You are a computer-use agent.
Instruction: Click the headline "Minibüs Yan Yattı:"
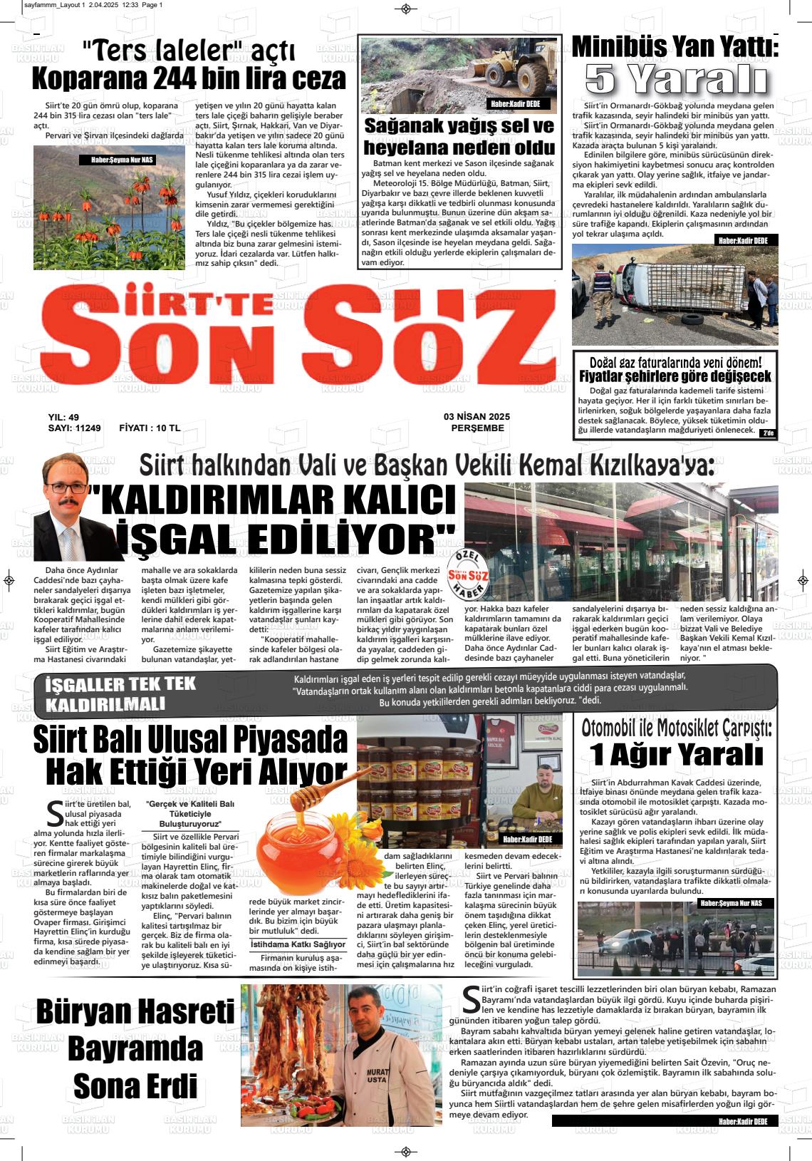675,47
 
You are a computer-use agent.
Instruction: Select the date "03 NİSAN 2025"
477,417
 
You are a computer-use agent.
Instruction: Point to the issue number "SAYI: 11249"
74,428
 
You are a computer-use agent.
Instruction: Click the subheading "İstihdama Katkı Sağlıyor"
298,944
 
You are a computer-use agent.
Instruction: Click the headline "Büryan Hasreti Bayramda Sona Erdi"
135,1049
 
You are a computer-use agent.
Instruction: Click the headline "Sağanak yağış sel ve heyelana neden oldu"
459,137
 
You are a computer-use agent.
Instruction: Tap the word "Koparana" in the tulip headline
87,78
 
